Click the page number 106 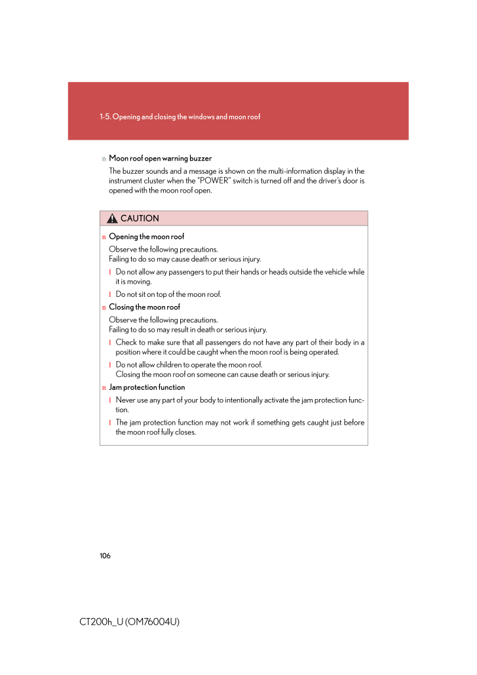(x=105, y=556)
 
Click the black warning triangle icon (x=113, y=218)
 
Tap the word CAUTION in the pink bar (x=140, y=218)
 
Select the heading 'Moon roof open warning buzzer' (x=160, y=159)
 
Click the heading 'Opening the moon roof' (x=146, y=237)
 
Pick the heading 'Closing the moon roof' (x=144, y=307)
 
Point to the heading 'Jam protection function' (x=147, y=387)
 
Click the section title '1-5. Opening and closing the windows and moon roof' (x=180, y=117)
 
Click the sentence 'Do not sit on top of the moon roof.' (x=168, y=294)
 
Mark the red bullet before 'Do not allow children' (x=110, y=365)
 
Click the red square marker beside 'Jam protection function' (x=104, y=388)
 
